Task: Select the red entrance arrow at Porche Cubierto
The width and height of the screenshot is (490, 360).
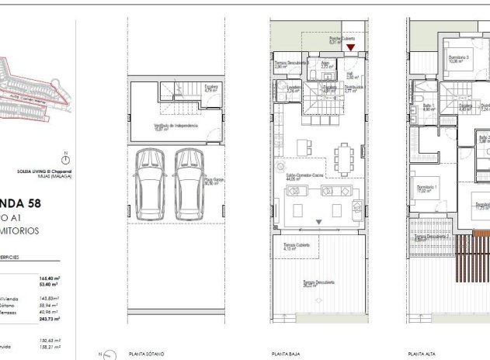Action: click(x=351, y=48)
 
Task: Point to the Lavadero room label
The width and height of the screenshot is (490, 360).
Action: click(x=294, y=88)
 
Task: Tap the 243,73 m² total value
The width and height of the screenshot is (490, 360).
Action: click(x=50, y=319)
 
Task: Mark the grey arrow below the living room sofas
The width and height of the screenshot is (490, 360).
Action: click(x=318, y=222)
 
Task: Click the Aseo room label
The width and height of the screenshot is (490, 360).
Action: click(x=327, y=65)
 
